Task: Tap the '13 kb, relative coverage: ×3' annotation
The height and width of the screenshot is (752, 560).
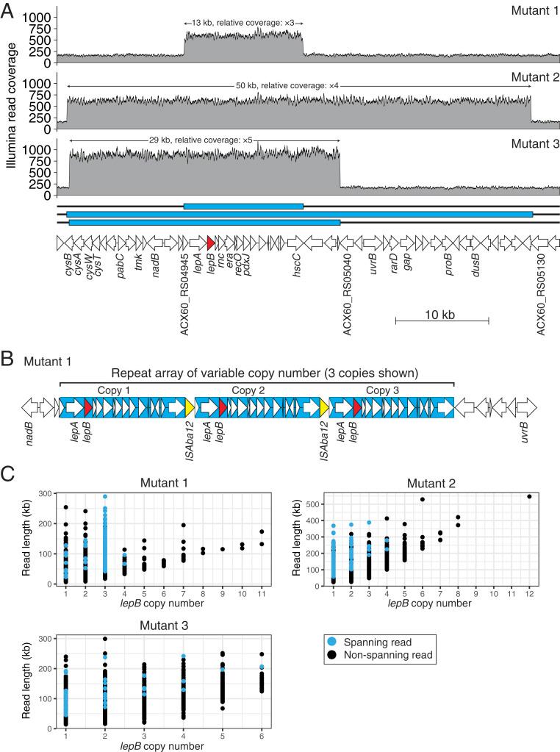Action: coord(243,24)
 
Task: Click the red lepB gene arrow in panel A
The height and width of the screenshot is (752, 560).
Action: coord(211,242)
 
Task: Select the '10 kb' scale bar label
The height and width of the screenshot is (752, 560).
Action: coord(442,315)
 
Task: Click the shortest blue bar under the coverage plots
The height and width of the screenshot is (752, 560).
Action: coord(243,207)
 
